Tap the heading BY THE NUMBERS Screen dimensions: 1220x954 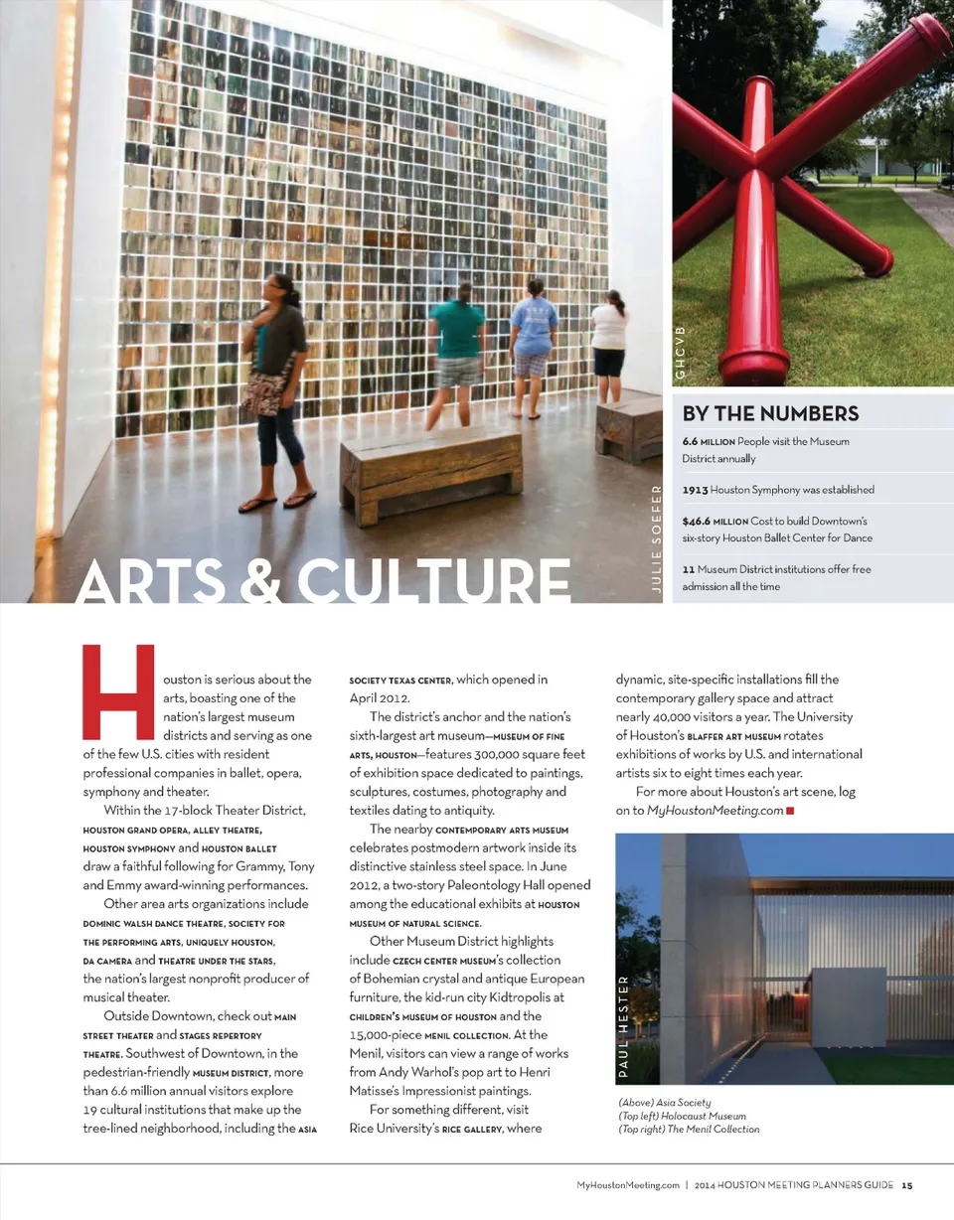point(770,413)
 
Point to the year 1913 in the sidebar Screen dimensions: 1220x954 point(695,490)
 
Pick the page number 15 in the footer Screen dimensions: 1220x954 point(907,1184)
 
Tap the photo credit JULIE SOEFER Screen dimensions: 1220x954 point(657,537)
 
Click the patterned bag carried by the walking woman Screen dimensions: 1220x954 point(265,389)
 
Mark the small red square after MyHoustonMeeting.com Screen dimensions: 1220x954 point(789,812)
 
